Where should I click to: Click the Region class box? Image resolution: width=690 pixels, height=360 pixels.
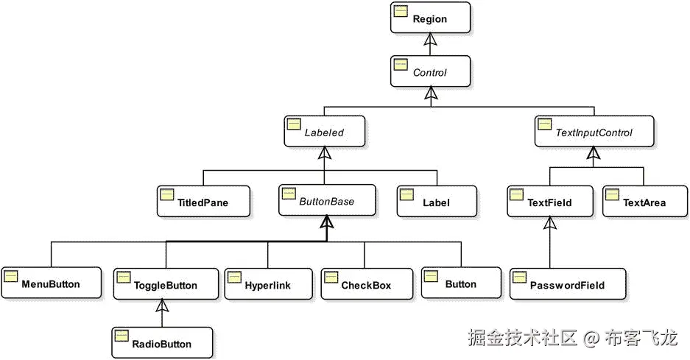tap(429, 18)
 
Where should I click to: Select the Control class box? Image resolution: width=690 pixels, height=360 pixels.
tap(429, 72)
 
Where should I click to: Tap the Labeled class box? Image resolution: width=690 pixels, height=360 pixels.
tap(325, 132)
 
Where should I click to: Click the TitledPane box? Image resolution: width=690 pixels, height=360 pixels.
tap(203, 202)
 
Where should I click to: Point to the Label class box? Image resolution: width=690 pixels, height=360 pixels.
tap(437, 202)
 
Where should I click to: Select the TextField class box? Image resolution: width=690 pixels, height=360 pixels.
tap(549, 202)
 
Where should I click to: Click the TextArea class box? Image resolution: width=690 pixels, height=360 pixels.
tap(644, 202)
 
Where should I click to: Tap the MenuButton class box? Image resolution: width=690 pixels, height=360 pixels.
tap(51, 283)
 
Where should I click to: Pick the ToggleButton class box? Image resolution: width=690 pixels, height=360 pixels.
tap(166, 285)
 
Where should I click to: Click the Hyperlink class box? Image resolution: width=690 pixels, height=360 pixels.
tap(267, 285)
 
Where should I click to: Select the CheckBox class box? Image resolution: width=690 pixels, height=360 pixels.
tap(366, 285)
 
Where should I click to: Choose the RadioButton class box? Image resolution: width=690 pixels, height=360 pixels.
tap(162, 343)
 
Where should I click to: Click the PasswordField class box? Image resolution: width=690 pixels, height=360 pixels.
tap(568, 285)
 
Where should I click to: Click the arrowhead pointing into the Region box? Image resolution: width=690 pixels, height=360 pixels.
tap(429, 40)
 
